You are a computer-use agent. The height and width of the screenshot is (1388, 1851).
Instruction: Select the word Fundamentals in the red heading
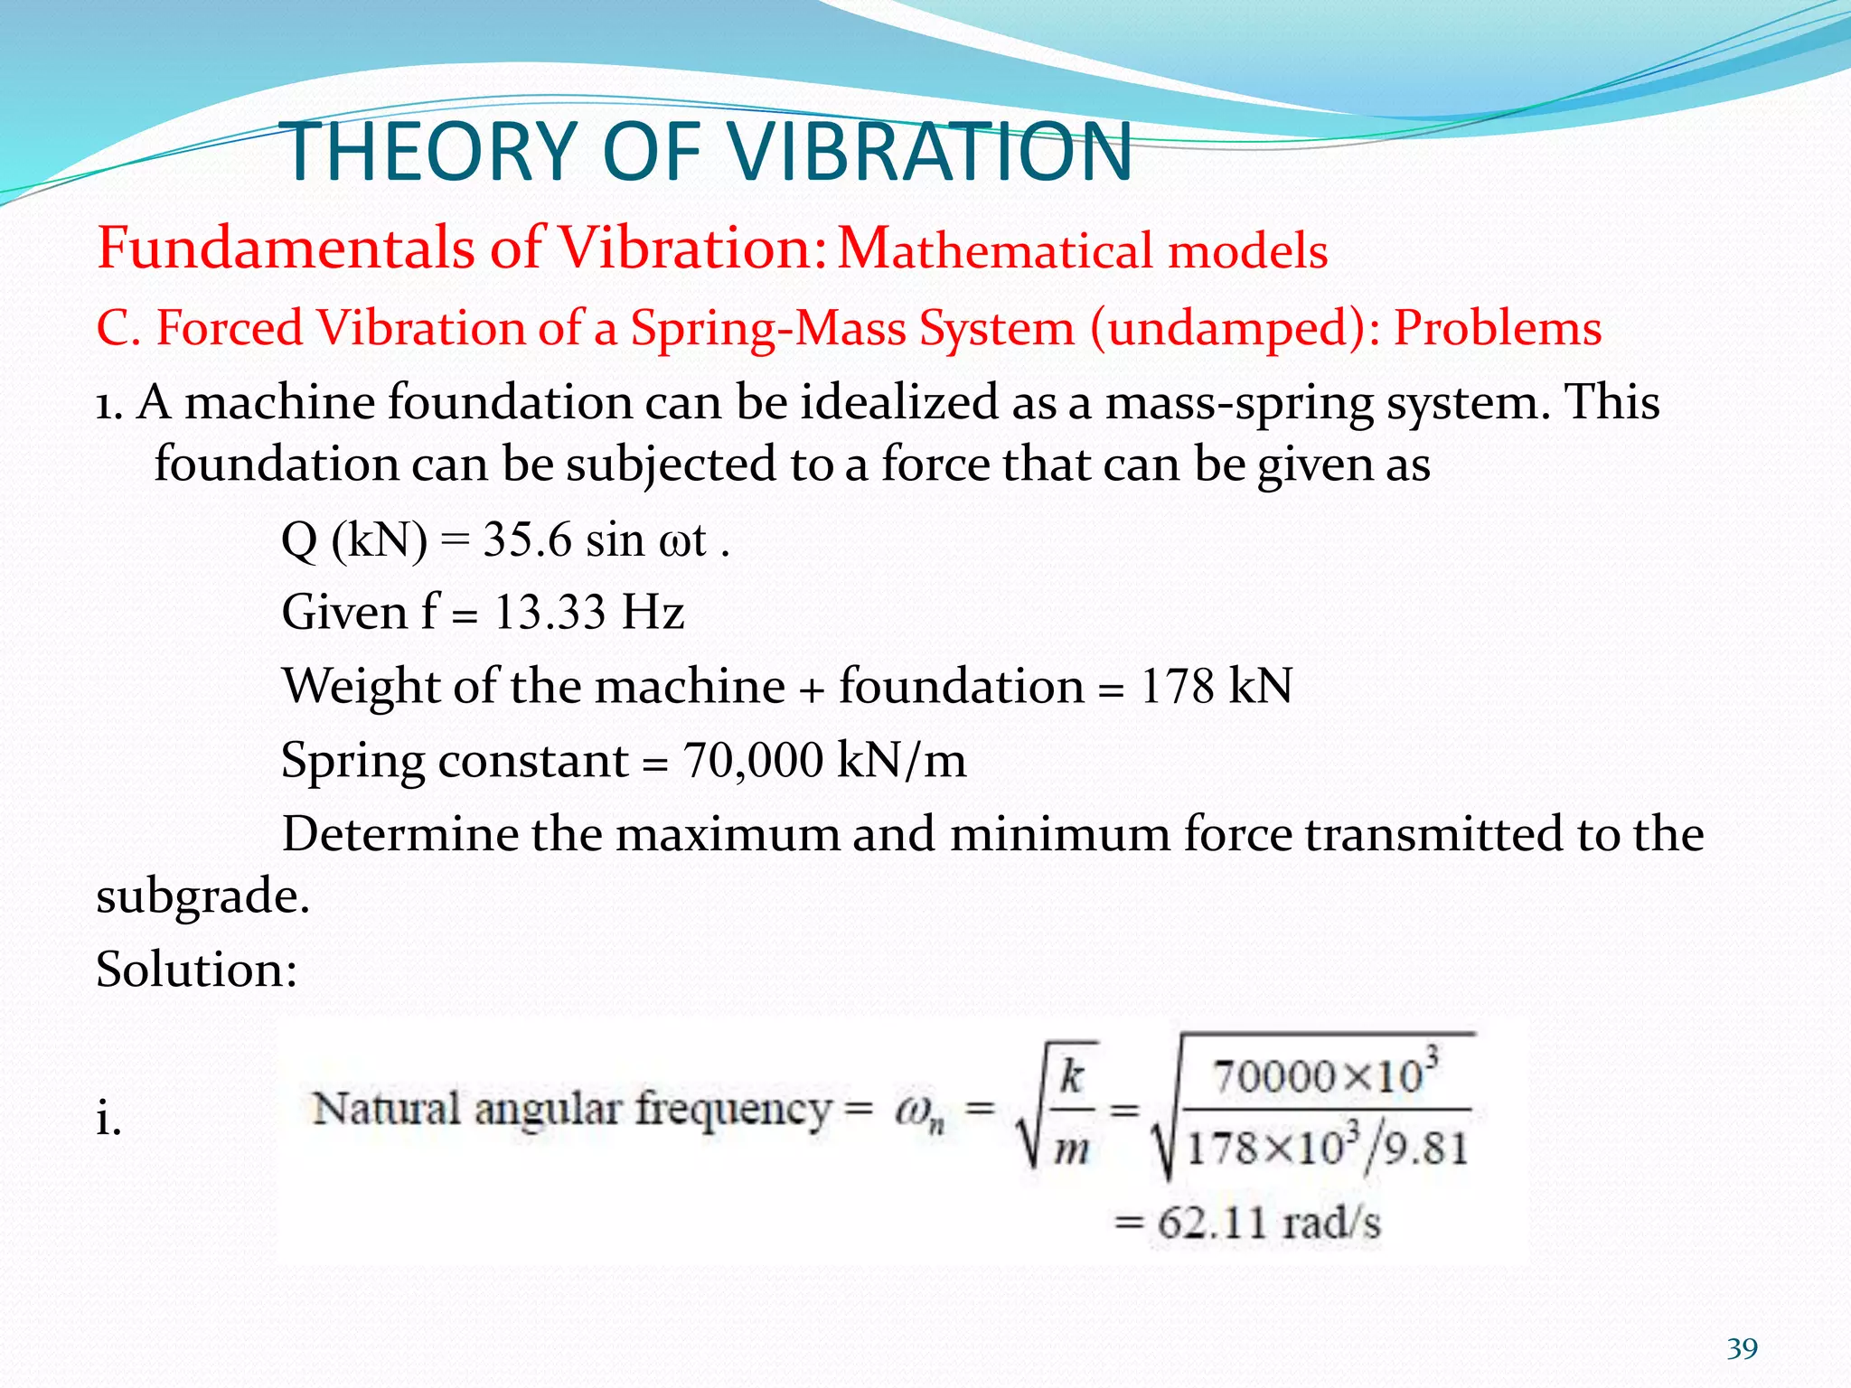point(285,248)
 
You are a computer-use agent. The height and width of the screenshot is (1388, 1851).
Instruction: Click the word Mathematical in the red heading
point(994,249)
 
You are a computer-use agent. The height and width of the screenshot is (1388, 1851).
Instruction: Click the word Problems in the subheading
point(1497,327)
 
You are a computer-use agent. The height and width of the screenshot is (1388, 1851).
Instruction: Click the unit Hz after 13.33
point(653,613)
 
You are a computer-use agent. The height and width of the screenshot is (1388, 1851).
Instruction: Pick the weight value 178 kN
point(1216,686)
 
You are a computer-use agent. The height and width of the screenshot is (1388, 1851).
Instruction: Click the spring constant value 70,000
point(752,760)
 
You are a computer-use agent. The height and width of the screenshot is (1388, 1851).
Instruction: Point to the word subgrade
point(202,897)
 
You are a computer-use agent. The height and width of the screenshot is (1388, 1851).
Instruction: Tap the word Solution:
point(196,970)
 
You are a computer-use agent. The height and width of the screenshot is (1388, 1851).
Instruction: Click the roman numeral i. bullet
point(108,1121)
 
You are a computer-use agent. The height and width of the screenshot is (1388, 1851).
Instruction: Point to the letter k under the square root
point(1072,1076)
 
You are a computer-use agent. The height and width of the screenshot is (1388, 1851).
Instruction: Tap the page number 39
point(1742,1349)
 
